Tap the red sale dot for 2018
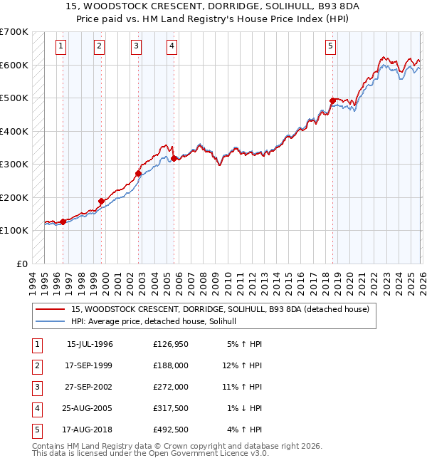pyautogui.click(x=332, y=100)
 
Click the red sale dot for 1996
pyautogui.click(x=63, y=222)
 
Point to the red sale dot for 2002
pyautogui.click(x=138, y=173)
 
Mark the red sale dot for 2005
pyautogui.click(x=174, y=158)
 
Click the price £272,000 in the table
pyautogui.click(x=171, y=387)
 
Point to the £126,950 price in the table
pyautogui.click(x=171, y=344)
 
